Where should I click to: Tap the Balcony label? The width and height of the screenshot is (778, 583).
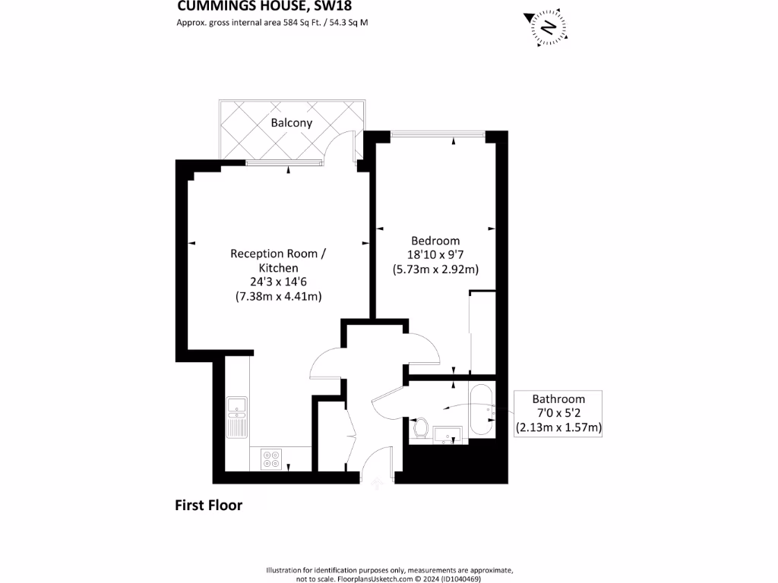[x=291, y=122]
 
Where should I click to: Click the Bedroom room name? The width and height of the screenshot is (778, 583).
[x=435, y=241]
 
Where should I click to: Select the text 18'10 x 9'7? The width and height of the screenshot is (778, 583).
[x=435, y=255]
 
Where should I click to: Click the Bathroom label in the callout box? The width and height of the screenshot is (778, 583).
[x=558, y=399]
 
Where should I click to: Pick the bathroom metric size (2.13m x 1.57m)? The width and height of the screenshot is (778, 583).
[x=558, y=427]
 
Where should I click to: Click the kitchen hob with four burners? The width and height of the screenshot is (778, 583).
[x=271, y=458]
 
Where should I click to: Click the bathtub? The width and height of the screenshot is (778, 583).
[x=481, y=411]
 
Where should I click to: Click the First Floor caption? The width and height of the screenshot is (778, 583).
[x=208, y=505]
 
